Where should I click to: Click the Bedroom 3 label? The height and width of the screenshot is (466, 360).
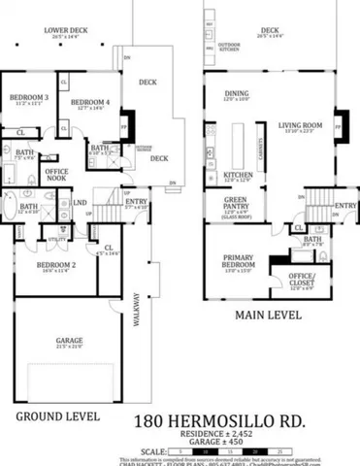29,97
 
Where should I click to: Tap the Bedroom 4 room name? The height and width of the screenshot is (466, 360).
90,102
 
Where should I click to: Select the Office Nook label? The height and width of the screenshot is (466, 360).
56,174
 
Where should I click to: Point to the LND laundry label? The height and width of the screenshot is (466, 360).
79,203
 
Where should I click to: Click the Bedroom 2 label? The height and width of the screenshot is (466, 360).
56,264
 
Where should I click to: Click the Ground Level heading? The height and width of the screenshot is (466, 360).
57,416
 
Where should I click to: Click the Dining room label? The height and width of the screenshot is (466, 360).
238,93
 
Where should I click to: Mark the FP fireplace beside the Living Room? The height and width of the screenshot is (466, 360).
339,124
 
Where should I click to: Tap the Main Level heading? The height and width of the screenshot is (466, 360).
267,316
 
